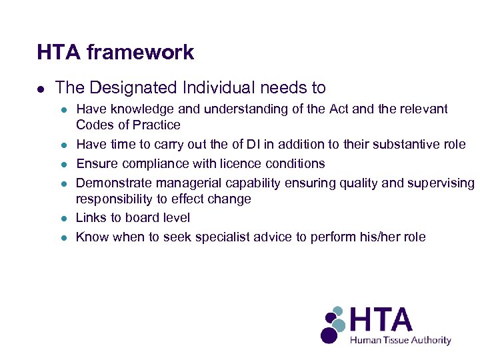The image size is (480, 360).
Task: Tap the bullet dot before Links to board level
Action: click(62, 219)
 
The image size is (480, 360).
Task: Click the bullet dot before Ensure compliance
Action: click(62, 164)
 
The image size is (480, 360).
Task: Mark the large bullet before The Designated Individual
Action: click(41, 89)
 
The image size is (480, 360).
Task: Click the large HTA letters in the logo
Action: click(381, 320)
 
